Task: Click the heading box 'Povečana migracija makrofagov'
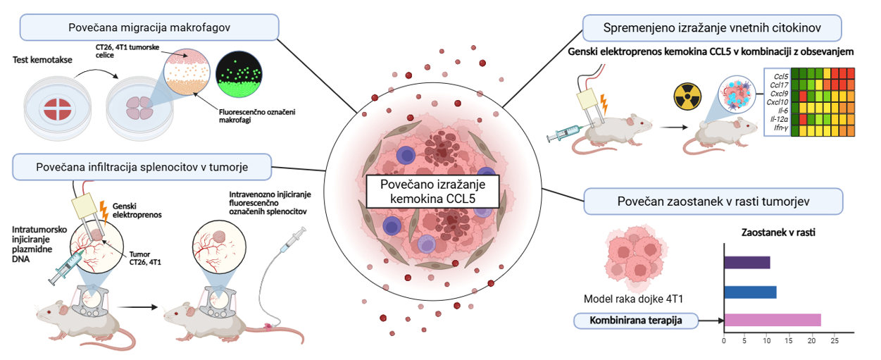(150, 27)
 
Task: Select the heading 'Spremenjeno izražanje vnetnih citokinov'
(713, 28)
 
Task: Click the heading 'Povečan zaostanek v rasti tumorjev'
(713, 201)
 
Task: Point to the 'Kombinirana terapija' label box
(635, 321)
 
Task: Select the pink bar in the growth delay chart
(772, 321)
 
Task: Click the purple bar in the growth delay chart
(747, 262)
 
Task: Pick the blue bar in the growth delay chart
(750, 292)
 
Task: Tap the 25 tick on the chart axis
(835, 342)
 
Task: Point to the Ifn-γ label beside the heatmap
(779, 128)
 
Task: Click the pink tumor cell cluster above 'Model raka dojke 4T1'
(633, 257)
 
